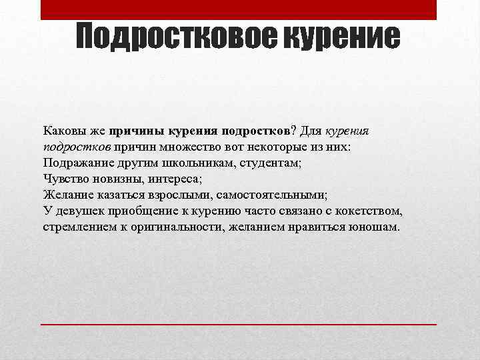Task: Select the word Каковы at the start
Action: click(x=63, y=131)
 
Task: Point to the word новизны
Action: click(x=115, y=179)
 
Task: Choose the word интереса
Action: click(x=172, y=179)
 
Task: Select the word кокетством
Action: click(x=371, y=211)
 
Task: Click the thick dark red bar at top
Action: click(x=239, y=9)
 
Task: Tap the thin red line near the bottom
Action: click(x=239, y=323)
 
